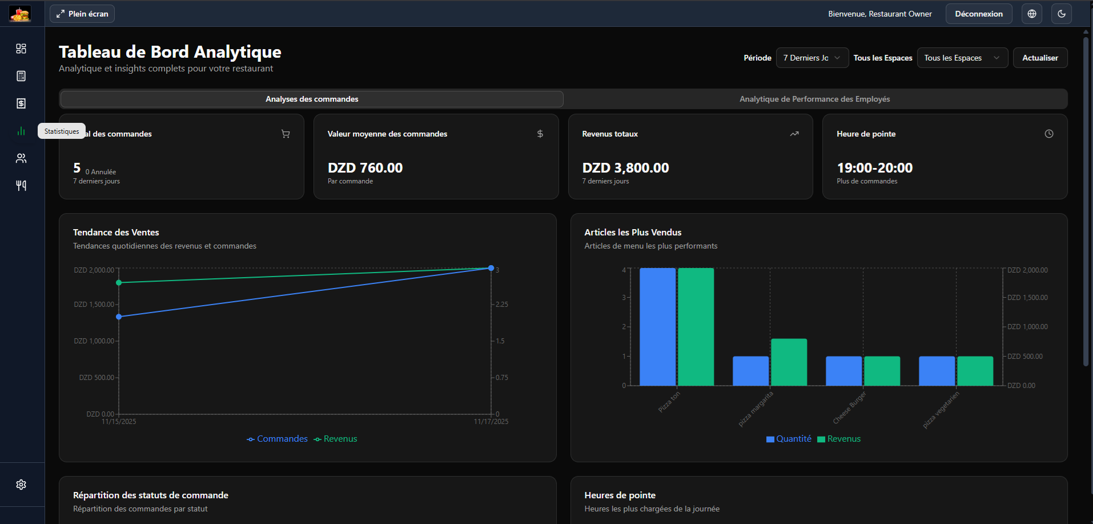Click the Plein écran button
click(82, 14)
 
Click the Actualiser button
click(1039, 58)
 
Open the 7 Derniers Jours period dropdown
click(811, 58)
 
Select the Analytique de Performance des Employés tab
click(814, 99)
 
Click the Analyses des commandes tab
click(312, 99)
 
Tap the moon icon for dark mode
click(1061, 14)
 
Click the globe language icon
click(1031, 14)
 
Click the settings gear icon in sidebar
click(21, 485)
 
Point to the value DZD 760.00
click(365, 168)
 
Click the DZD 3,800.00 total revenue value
click(625, 168)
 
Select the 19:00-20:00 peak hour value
click(874, 168)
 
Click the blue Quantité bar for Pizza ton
click(657, 327)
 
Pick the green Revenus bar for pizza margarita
click(789, 362)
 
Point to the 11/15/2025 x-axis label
click(119, 422)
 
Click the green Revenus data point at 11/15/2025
click(119, 282)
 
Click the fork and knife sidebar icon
click(21, 185)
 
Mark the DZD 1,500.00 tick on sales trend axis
click(94, 305)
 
